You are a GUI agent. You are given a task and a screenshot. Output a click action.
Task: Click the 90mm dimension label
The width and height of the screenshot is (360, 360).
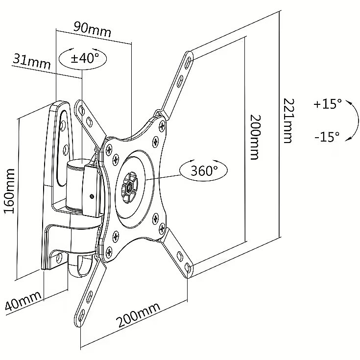pos(92,29)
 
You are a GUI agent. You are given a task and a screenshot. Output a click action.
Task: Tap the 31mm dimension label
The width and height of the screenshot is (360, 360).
pos(31,61)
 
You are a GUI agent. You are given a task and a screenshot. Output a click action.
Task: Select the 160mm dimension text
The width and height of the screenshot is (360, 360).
pos(10,191)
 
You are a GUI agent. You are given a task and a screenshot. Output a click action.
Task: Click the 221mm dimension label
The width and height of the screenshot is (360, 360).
pos(288,121)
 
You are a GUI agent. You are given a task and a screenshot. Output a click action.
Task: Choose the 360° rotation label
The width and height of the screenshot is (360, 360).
pos(204,170)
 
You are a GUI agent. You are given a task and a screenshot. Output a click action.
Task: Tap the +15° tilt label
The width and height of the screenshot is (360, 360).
pos(328,104)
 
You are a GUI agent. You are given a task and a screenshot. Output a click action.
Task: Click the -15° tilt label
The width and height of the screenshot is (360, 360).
pos(327,137)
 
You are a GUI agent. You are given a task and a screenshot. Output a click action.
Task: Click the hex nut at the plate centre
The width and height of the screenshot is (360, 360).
pos(129,188)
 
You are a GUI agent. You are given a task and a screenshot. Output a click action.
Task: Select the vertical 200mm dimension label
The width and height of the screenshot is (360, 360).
pos(255,137)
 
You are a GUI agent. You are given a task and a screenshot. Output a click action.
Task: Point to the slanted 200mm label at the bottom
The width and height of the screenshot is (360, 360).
pos(138,315)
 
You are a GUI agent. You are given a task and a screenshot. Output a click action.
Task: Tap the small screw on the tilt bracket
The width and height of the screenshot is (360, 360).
pos(92,196)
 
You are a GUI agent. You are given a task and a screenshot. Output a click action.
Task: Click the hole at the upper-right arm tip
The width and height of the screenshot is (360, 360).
pos(188,61)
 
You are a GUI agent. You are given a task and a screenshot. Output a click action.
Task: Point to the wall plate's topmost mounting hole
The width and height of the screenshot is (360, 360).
pos(63,125)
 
